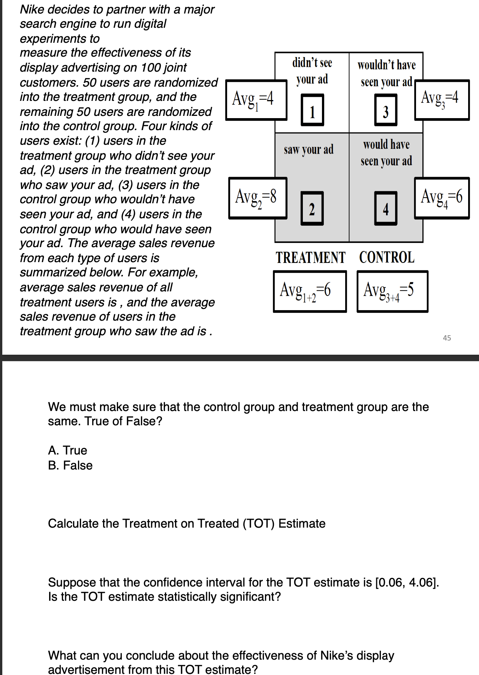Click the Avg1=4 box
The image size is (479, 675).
click(x=256, y=100)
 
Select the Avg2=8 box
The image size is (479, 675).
click(x=258, y=198)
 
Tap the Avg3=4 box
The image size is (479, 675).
click(x=442, y=100)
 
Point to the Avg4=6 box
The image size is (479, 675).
click(x=442, y=198)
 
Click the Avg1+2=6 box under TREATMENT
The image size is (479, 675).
click(x=310, y=291)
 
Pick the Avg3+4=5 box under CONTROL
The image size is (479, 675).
click(x=392, y=291)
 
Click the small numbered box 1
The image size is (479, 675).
click(x=312, y=110)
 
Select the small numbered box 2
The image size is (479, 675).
click(x=312, y=208)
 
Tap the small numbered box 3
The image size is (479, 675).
click(x=386, y=110)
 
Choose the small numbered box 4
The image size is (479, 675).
click(x=386, y=208)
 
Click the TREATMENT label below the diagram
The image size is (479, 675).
click(x=310, y=258)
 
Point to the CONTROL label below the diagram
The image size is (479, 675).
click(x=386, y=258)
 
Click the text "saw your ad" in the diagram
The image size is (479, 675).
click(x=308, y=150)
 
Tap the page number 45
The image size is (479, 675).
click(x=447, y=338)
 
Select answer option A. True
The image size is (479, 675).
click(x=67, y=450)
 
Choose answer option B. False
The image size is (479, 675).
click(x=70, y=465)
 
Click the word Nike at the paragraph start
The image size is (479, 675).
click(x=33, y=9)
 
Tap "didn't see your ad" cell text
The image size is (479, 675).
click(x=312, y=71)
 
